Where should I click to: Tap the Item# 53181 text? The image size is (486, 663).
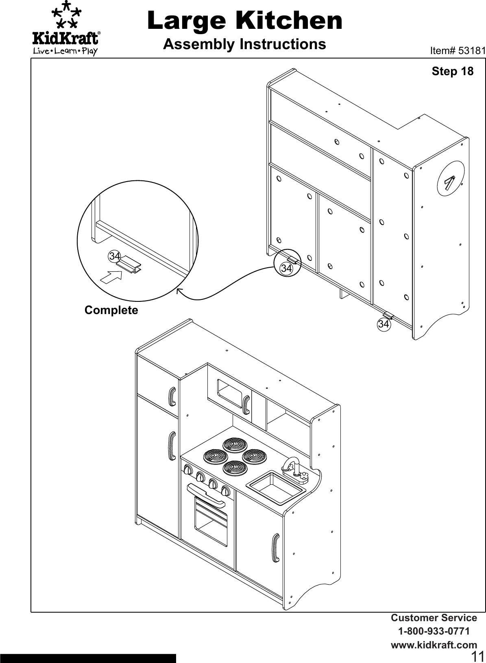pos(458,51)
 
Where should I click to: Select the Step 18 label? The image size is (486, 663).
pos(452,71)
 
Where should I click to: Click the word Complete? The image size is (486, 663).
pos(111,310)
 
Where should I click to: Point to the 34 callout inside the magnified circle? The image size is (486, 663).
pos(114,256)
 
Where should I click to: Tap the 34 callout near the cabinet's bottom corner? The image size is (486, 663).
pos(383,324)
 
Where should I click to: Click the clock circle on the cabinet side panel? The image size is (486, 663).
pos(450,179)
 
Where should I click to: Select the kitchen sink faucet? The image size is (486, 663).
pos(292,465)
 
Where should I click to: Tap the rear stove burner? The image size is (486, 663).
pos(234,444)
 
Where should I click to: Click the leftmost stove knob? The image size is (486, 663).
pos(187,470)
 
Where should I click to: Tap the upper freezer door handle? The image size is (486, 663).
pos(172,396)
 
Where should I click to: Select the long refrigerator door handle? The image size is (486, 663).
pos(172,446)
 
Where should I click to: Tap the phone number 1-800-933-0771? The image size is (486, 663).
pos(434,632)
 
